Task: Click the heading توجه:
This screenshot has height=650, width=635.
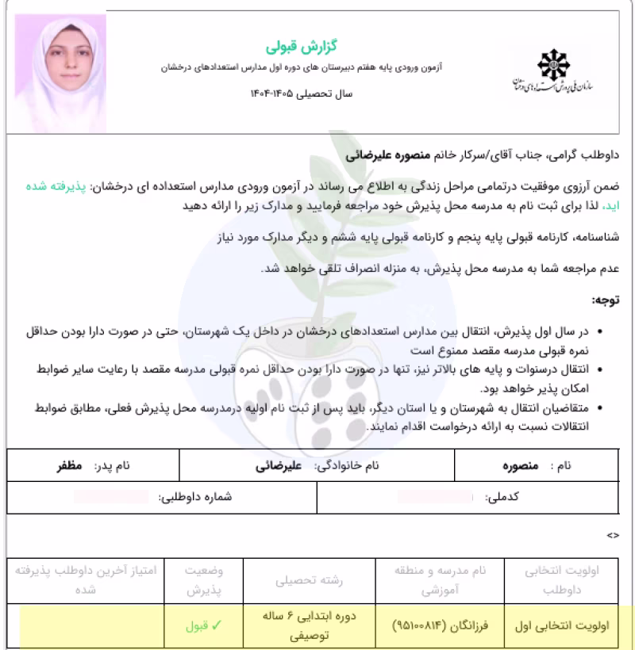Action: pos(606,300)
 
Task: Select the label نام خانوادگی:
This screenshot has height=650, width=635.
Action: pos(345,465)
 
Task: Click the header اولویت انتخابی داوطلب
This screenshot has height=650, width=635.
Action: pos(566,581)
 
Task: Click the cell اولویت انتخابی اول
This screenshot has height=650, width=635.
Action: pos(566,625)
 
